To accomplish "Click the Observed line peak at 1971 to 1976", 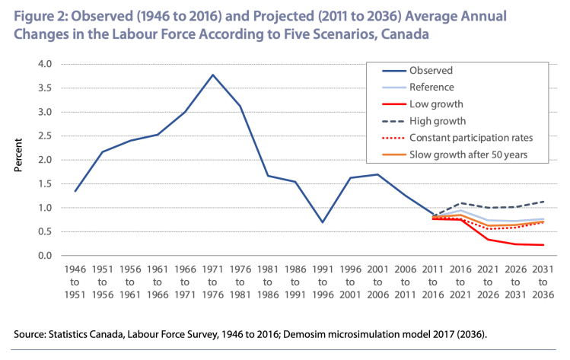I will pyautogui.click(x=212, y=75).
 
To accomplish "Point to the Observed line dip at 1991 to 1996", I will pyautogui.click(x=323, y=222).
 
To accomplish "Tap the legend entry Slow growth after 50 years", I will pyautogui.click(x=470, y=155).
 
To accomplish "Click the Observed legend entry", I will pyautogui.click(x=431, y=70).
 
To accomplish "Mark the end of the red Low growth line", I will pyautogui.click(x=543, y=245).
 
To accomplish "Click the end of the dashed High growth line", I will pyautogui.click(x=543, y=202).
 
